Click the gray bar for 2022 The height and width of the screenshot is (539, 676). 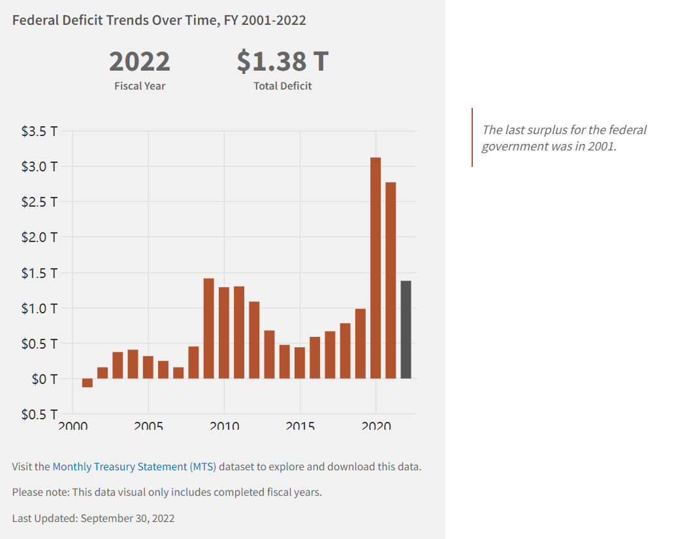406,329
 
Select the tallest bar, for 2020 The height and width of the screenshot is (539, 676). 376,268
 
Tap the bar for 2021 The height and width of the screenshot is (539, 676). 391,280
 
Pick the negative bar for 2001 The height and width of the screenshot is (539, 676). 88,383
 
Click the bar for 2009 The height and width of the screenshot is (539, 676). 209,328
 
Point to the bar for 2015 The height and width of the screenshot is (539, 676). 300,362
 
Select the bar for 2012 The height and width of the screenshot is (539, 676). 254,339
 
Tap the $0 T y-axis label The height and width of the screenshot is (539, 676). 44,379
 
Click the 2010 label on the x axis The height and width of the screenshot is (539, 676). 224,425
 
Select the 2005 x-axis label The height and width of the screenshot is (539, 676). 148,425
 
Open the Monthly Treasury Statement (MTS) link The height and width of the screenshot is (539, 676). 134,467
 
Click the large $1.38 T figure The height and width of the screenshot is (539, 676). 282,61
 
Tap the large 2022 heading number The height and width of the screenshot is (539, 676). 139,61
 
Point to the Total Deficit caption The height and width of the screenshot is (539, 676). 282,86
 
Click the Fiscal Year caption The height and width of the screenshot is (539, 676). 139,86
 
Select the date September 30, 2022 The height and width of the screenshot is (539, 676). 127,518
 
